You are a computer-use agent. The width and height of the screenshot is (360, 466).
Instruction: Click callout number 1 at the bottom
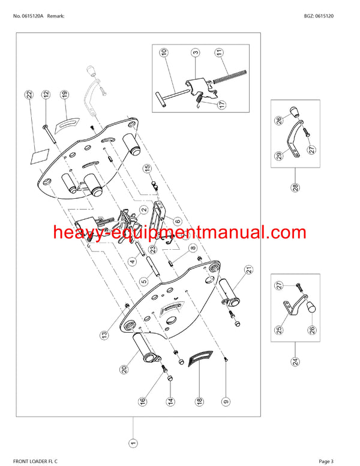(x=133, y=444)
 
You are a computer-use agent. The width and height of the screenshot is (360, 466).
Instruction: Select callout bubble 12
(x=46, y=94)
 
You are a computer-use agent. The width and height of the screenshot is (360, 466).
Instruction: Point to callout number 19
(x=64, y=94)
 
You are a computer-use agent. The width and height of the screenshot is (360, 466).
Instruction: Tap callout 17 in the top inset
(x=222, y=104)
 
